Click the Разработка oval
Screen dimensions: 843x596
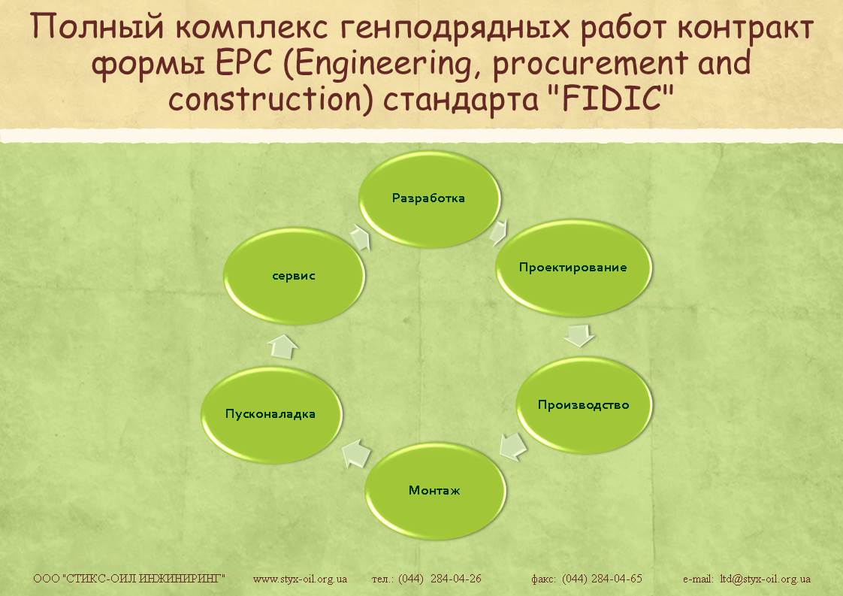(429, 198)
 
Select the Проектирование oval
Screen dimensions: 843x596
(573, 268)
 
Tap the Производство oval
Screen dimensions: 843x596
(584, 405)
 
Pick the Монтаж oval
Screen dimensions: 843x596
(435, 491)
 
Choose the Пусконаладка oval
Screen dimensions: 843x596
(271, 414)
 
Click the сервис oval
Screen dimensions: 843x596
(294, 276)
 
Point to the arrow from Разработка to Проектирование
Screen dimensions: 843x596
(499, 231)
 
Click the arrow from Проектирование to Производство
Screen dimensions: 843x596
(579, 334)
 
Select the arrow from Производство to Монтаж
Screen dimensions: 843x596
(513, 446)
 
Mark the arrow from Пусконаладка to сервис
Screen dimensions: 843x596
(283, 346)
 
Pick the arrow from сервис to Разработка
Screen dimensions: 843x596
(360, 237)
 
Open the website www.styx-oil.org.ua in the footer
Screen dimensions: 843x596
(300, 579)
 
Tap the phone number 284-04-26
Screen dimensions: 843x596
(456, 579)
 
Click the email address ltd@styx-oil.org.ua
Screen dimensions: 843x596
(765, 579)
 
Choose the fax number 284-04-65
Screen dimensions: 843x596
(617, 579)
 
